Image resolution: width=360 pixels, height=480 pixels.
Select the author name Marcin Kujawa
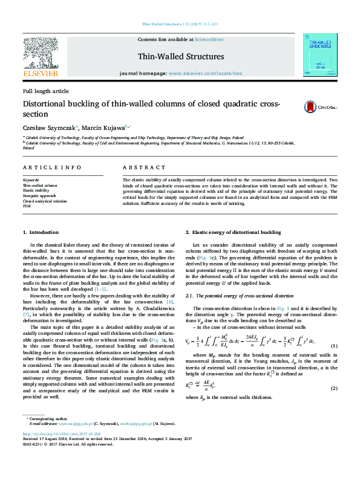pos(102,128)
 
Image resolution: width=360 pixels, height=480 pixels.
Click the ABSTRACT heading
pos(143,167)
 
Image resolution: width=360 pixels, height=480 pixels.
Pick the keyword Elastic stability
pos(36,190)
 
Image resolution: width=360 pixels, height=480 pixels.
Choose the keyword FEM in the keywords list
pos(27,206)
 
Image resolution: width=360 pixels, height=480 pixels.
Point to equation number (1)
pos(333,345)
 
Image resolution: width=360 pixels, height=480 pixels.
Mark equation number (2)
pos(333,386)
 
